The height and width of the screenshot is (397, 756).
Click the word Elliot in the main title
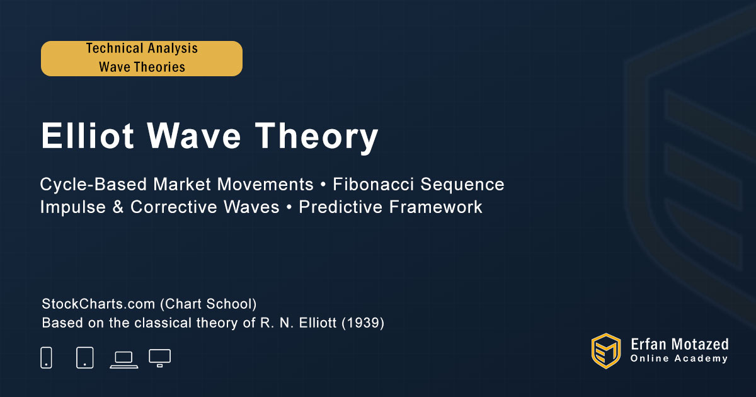click(88, 135)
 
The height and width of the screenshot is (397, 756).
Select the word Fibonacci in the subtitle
click(373, 184)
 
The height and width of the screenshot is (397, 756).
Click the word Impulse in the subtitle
click(73, 207)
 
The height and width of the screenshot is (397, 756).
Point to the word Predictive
click(340, 207)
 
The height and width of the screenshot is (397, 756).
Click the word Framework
click(436, 207)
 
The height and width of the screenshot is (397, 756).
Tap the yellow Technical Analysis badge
click(142, 59)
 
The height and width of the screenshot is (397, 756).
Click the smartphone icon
click(46, 357)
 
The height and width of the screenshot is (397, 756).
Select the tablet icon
click(84, 357)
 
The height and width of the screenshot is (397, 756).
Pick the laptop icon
click(124, 360)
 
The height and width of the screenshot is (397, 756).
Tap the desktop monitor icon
click(159, 358)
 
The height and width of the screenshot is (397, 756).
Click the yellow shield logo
click(606, 351)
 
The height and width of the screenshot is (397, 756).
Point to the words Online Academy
click(679, 359)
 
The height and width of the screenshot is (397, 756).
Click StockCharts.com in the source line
click(98, 304)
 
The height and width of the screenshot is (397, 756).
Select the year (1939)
click(363, 323)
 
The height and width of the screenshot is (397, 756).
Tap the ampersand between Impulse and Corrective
click(118, 207)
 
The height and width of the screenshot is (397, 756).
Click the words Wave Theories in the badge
click(142, 67)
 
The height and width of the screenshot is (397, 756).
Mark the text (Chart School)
click(209, 304)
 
